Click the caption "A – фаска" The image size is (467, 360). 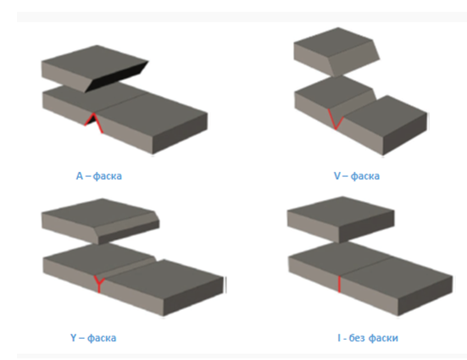(x=99, y=176)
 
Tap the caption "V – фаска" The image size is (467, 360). (x=357, y=176)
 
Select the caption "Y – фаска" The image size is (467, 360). (x=93, y=338)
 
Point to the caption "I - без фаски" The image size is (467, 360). (x=368, y=338)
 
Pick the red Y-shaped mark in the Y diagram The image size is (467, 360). (x=99, y=284)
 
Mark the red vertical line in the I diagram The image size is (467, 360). (x=339, y=284)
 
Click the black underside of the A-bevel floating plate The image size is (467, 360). (x=118, y=77)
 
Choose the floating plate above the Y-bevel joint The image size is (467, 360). (x=100, y=220)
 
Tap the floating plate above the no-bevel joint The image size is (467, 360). (x=340, y=219)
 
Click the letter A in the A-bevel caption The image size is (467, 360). (x=79, y=176)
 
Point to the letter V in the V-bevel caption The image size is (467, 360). (x=336, y=175)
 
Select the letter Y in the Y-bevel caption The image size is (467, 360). (x=73, y=338)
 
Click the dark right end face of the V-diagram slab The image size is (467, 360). (x=405, y=133)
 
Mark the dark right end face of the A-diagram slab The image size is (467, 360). (x=180, y=133)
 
